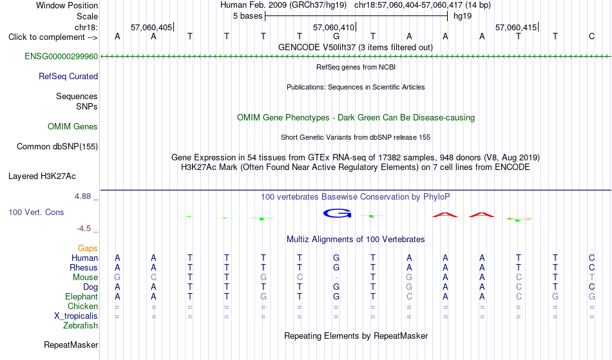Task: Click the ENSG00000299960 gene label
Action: click(x=61, y=56)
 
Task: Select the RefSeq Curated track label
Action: click(x=68, y=76)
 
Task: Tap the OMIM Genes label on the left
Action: click(x=73, y=126)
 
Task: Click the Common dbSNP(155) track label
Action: click(x=57, y=146)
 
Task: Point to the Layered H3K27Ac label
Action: click(x=42, y=176)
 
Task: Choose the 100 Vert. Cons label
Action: click(x=36, y=212)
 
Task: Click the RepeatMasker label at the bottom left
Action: click(x=71, y=345)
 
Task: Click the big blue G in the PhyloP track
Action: click(x=337, y=213)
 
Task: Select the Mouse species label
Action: click(x=85, y=278)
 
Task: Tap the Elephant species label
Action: click(x=82, y=296)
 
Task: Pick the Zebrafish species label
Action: click(x=81, y=325)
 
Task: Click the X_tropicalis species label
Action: click(x=76, y=316)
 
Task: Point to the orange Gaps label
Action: click(x=88, y=249)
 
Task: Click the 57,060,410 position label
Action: click(x=334, y=27)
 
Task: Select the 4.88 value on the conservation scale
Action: click(x=82, y=196)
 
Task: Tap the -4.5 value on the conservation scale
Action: click(x=84, y=228)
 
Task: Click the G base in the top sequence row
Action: click(x=336, y=37)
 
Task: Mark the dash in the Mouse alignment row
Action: click(x=336, y=278)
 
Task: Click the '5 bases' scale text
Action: click(x=248, y=16)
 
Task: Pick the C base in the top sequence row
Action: click(x=591, y=37)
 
